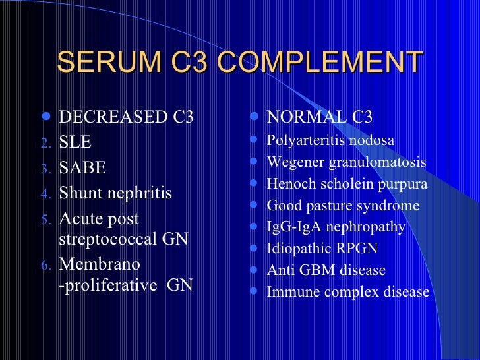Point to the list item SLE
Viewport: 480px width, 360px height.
coord(75,142)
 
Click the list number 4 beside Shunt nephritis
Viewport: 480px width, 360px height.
coord(45,195)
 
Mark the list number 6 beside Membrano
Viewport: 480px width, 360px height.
coord(45,266)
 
